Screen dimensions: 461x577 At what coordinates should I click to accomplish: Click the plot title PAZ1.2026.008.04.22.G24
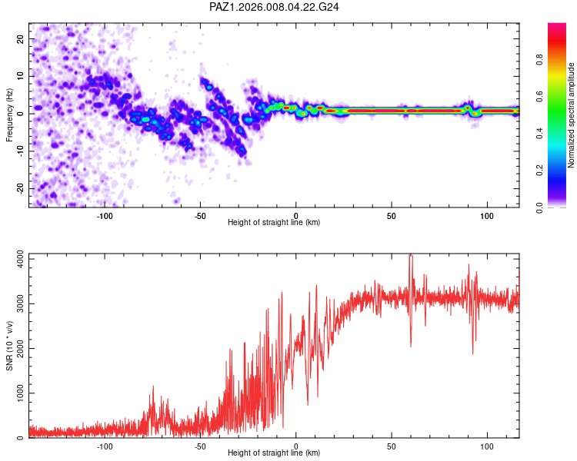coord(275,7)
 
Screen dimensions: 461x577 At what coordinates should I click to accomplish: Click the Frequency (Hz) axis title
coord(10,114)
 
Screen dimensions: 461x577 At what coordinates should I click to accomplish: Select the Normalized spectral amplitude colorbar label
coord(572,116)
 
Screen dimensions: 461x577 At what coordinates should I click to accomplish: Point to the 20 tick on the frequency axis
coord(21,38)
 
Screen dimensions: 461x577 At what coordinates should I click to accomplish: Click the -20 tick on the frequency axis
coord(19,188)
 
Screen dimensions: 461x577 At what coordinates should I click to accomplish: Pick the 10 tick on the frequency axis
coord(21,76)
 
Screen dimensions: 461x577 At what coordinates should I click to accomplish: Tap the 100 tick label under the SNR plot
coord(486,445)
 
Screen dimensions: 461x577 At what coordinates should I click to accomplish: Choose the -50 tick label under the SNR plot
coord(201,445)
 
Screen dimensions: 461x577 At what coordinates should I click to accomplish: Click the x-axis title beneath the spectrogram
coord(274,223)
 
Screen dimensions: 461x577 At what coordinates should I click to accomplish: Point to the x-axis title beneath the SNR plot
coord(274,453)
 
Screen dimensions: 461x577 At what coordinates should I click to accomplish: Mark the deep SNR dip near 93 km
coord(473,352)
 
